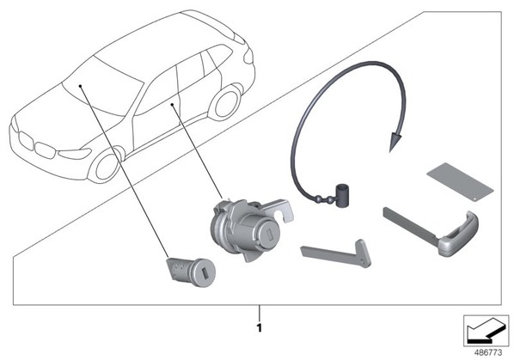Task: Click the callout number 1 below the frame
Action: tap(260, 328)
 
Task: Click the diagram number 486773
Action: tap(488, 353)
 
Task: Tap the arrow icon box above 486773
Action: tap(486, 331)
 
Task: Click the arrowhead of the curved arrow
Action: tap(395, 142)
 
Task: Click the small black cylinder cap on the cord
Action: tap(343, 195)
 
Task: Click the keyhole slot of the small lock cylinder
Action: tap(205, 274)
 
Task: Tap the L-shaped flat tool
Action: tap(337, 253)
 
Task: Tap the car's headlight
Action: tap(75, 153)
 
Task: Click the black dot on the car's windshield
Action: tap(80, 86)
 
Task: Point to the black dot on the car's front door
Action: tap(172, 105)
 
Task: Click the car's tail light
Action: tap(248, 57)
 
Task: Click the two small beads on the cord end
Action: tap(324, 198)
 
